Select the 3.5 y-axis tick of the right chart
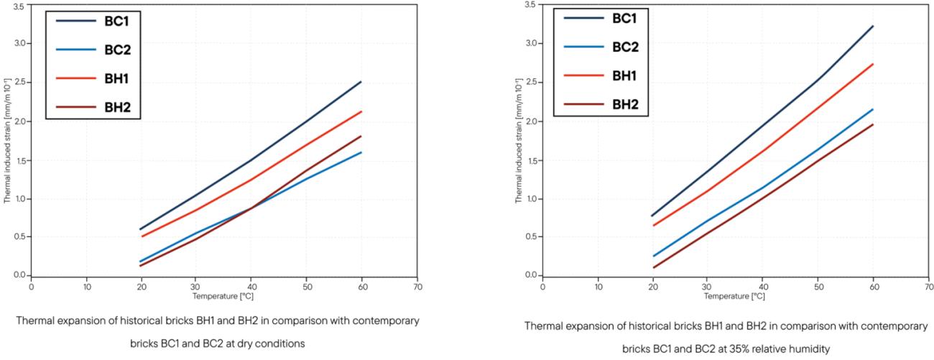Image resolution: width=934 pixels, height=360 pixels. click(530, 4)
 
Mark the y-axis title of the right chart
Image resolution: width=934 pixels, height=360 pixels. click(518, 141)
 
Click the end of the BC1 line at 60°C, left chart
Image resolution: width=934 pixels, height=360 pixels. click(361, 82)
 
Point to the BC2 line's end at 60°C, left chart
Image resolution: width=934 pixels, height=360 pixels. click(361, 152)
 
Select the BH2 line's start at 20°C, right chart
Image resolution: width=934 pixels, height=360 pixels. click(653, 268)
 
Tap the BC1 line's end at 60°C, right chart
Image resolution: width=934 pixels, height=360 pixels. click(873, 26)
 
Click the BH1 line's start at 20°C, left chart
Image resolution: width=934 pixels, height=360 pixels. click(142, 236)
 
